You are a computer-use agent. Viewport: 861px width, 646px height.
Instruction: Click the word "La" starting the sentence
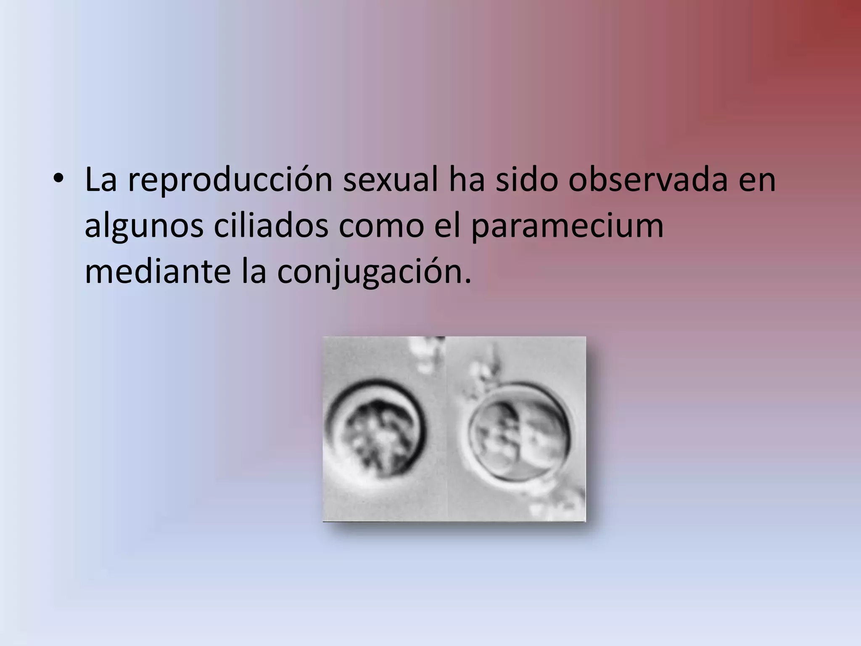[100, 180]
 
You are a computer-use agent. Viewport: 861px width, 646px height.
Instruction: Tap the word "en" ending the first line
[758, 181]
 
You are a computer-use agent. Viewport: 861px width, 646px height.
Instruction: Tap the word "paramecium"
[567, 227]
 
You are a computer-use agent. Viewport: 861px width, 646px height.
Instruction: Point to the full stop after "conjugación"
[467, 282]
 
